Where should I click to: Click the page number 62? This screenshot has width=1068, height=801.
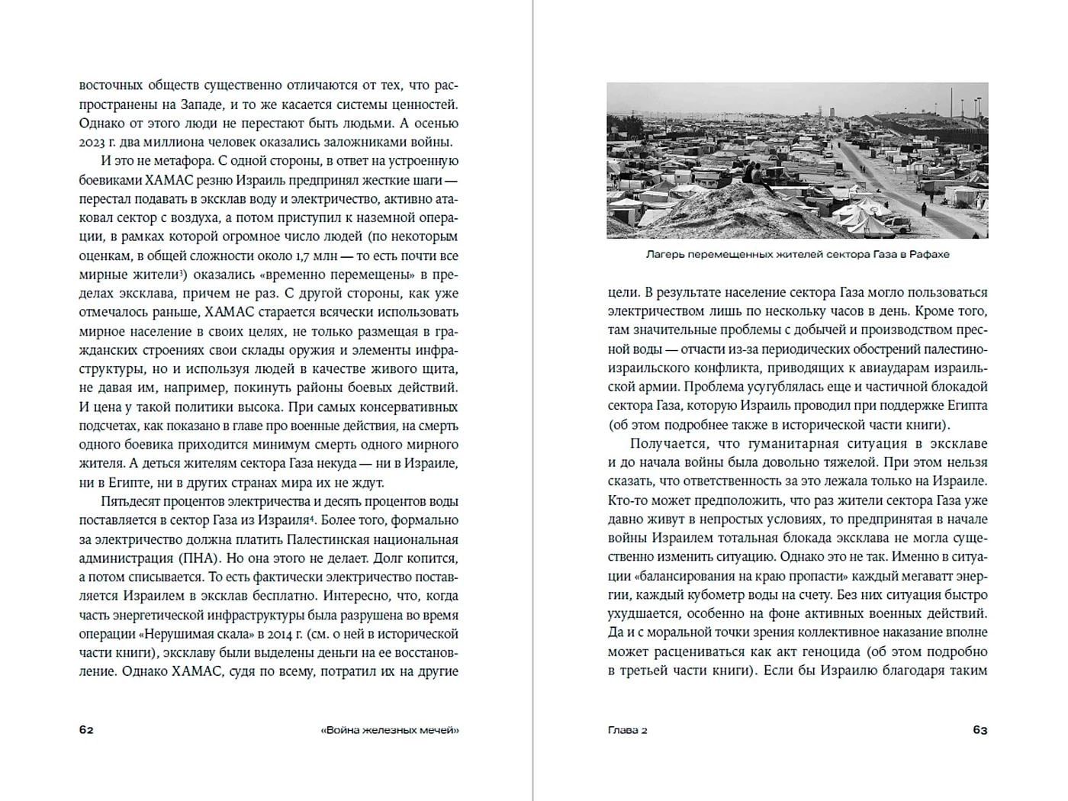(86, 730)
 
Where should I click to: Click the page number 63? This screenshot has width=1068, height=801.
(980, 730)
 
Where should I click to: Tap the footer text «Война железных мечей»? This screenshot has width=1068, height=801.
(390, 730)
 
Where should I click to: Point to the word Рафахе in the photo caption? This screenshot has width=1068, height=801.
(929, 254)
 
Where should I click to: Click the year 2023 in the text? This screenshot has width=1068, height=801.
(93, 141)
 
